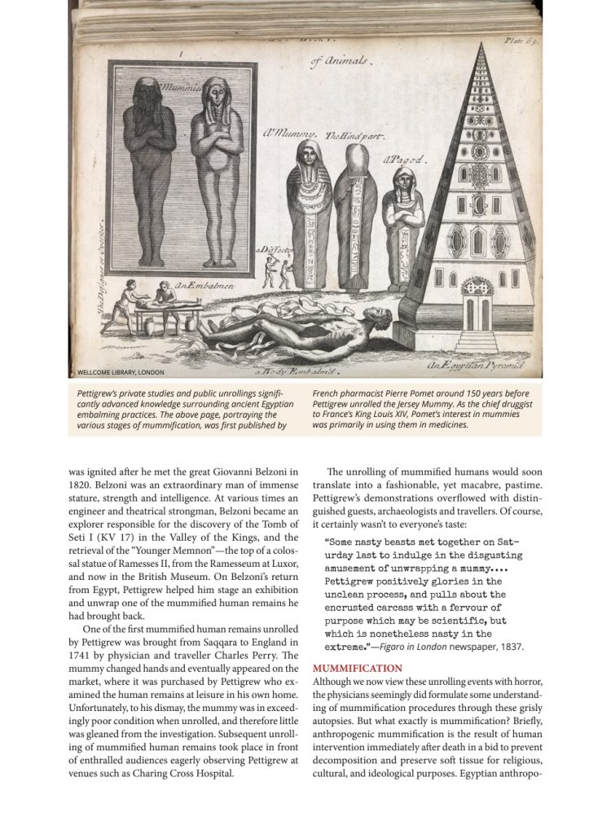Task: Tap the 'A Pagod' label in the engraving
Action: [405, 160]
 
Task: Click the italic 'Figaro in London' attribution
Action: [422, 646]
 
